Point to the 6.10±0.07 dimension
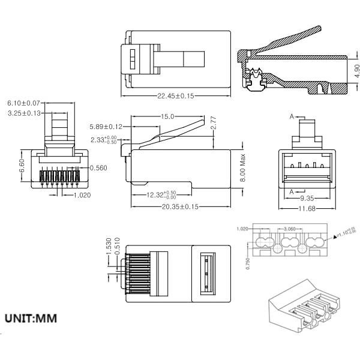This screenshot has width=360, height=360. [23, 104]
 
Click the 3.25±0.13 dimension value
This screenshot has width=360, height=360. [23, 113]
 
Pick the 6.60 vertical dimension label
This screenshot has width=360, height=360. [23, 163]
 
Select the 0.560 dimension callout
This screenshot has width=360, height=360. [98, 168]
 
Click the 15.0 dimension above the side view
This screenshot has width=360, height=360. [167, 116]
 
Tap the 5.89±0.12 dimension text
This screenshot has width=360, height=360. [106, 127]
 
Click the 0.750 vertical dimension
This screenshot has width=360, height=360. [248, 264]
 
